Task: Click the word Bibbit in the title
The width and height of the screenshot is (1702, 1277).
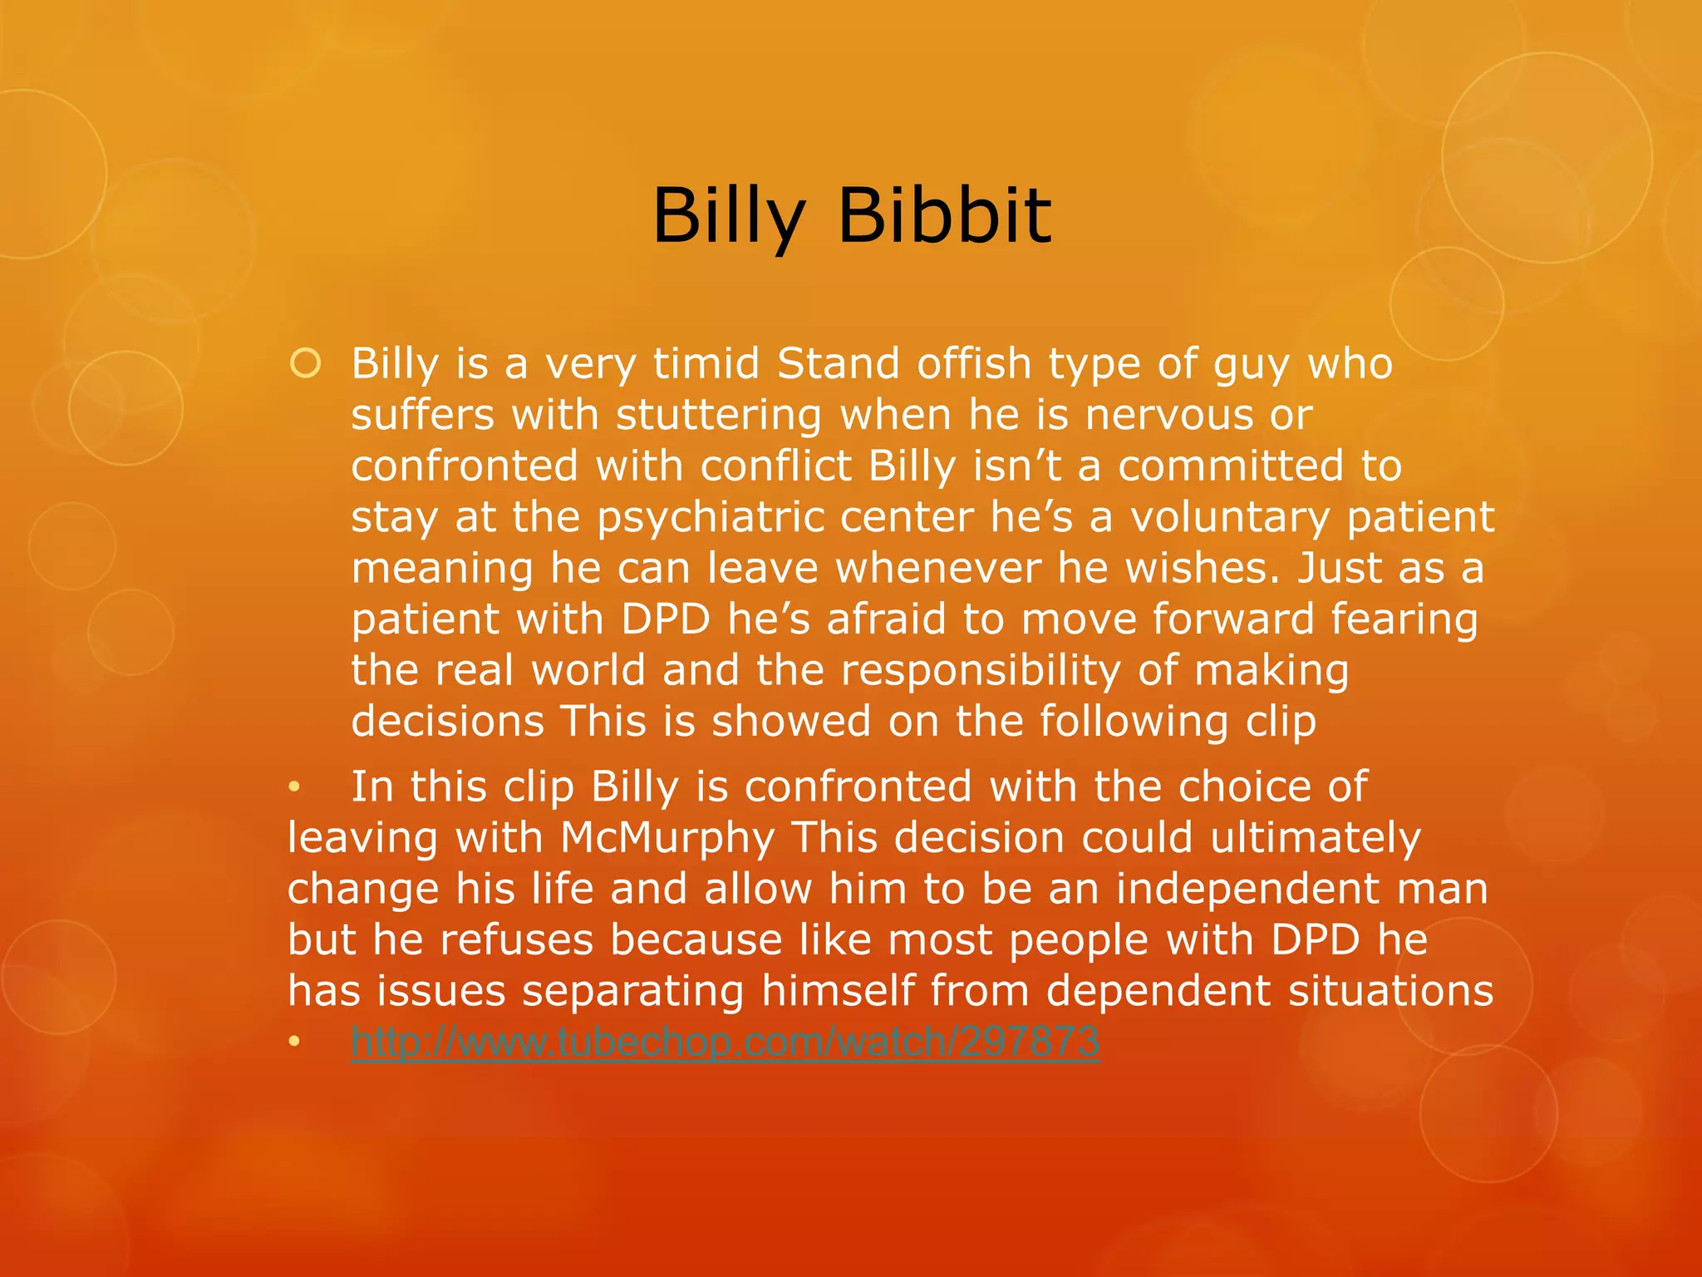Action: pos(945,217)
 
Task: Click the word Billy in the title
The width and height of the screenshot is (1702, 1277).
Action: pos(729,217)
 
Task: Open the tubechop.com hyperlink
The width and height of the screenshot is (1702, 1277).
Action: pos(725,1042)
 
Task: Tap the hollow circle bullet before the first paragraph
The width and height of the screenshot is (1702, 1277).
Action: pos(305,364)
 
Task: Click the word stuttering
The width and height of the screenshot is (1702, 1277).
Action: pos(719,416)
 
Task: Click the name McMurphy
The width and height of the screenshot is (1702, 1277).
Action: pos(667,838)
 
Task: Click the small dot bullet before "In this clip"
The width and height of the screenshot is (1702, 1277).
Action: pos(293,787)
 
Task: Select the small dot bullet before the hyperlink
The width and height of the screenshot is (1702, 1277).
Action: pos(293,1042)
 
